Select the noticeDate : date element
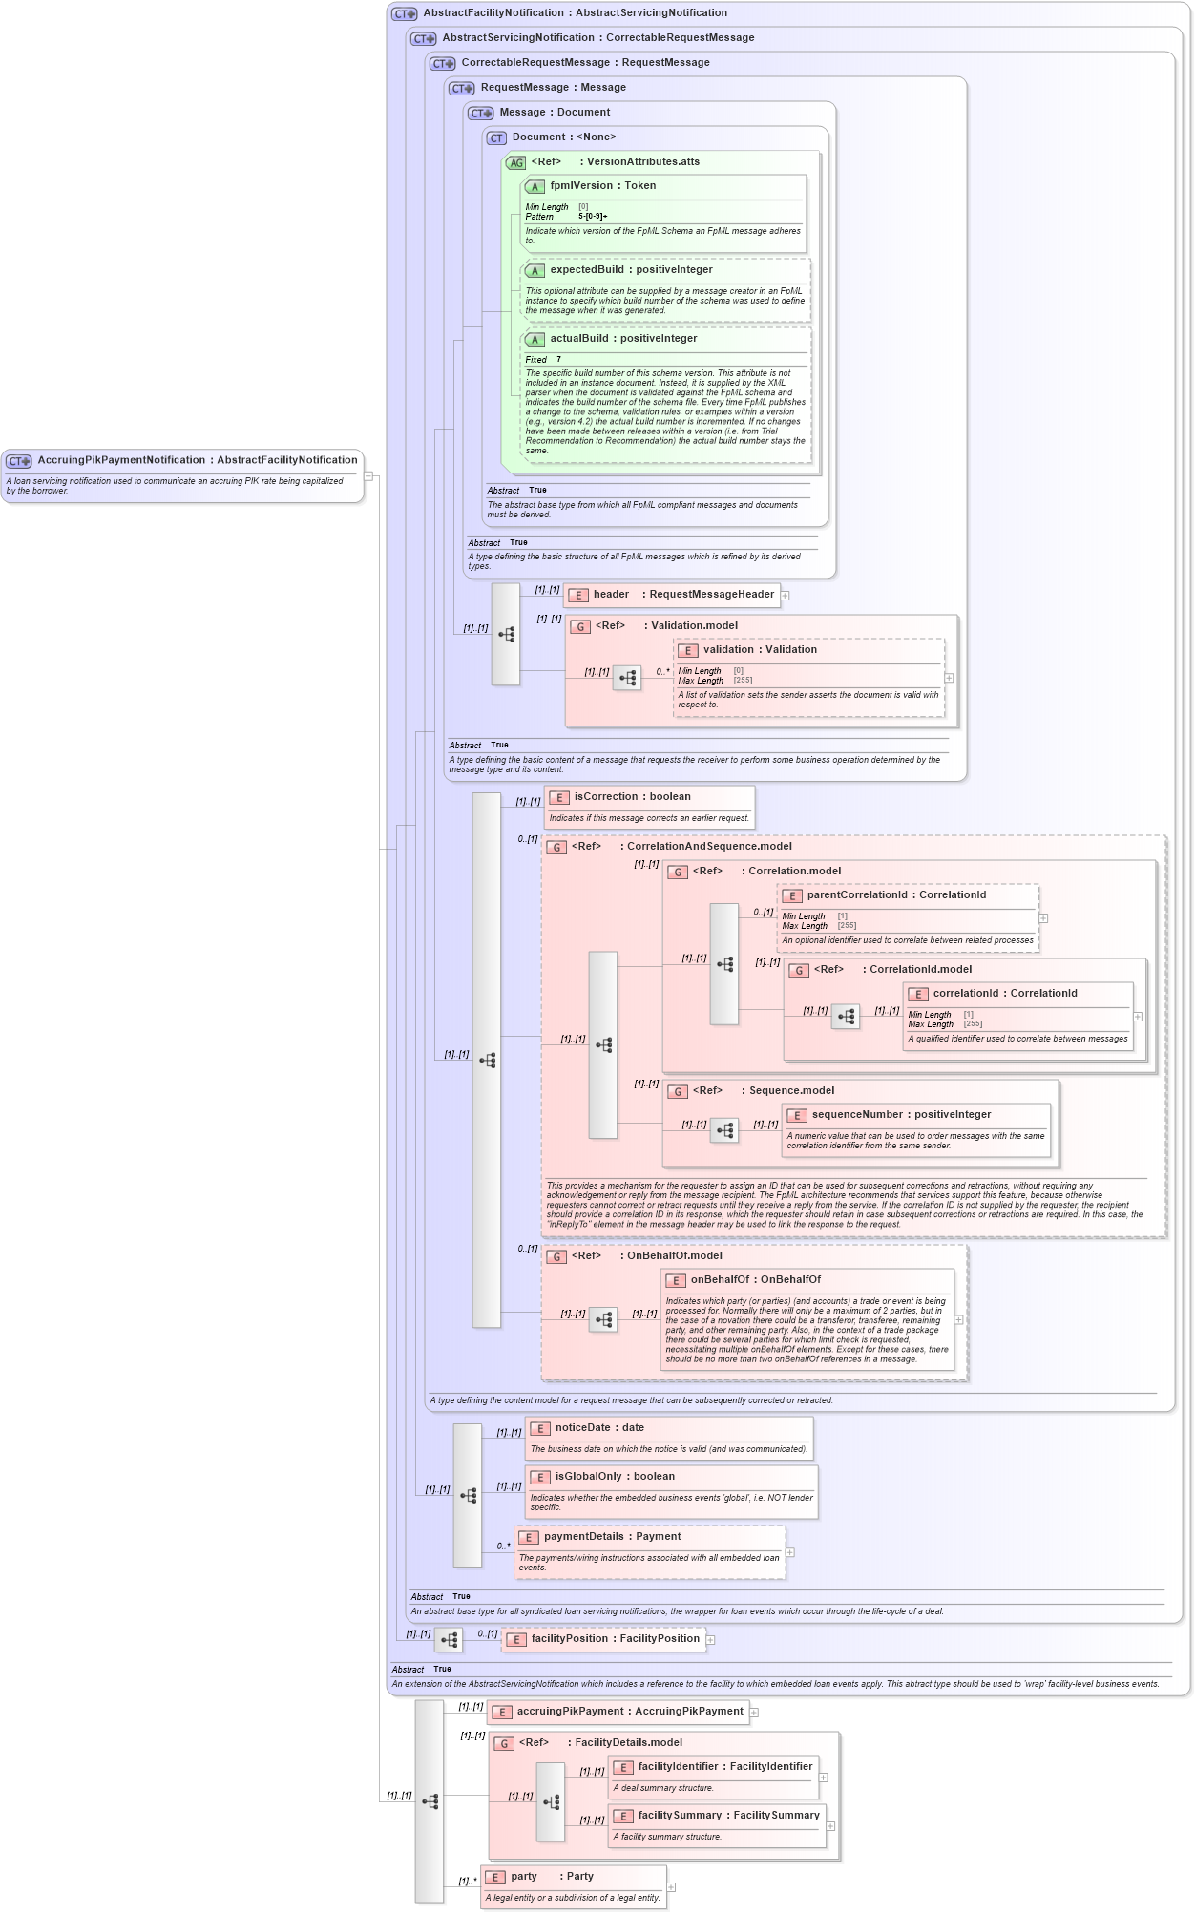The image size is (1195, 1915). [598, 1428]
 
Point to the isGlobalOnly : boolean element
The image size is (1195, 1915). [614, 1477]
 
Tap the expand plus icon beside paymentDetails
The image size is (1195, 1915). [790, 1552]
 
